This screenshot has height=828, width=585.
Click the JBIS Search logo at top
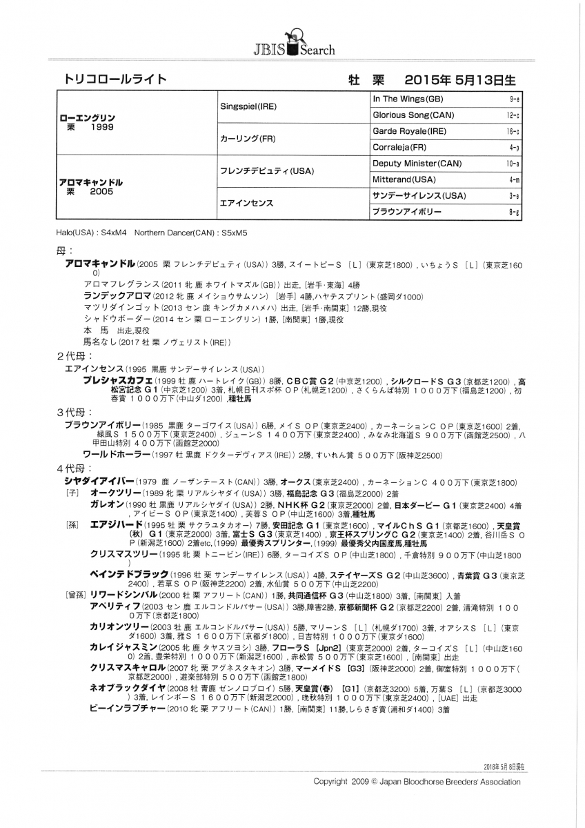coord(292,43)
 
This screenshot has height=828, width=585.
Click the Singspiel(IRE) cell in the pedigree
coord(248,107)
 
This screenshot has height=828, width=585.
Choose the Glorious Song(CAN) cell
coord(413,115)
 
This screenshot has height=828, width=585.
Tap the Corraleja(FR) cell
coord(399,147)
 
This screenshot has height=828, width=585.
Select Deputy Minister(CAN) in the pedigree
coord(417,164)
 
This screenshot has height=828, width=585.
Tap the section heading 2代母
coord(71,356)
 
